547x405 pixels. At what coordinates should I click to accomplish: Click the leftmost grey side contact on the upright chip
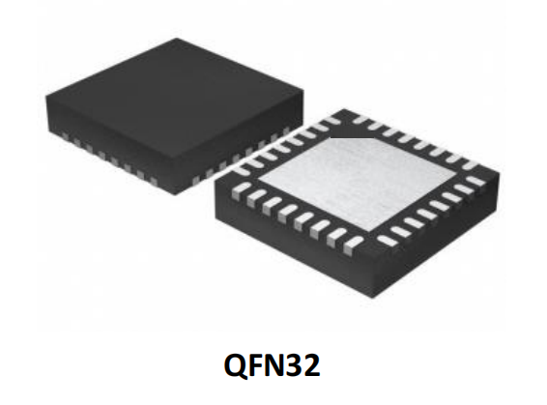click(64, 135)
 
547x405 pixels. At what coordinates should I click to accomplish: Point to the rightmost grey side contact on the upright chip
click(287, 131)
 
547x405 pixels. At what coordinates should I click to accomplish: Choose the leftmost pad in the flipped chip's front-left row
click(239, 190)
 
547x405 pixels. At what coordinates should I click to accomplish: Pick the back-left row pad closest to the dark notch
click(320, 129)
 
